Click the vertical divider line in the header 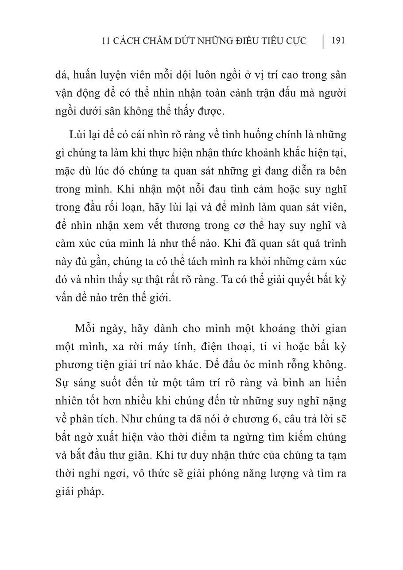322,41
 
